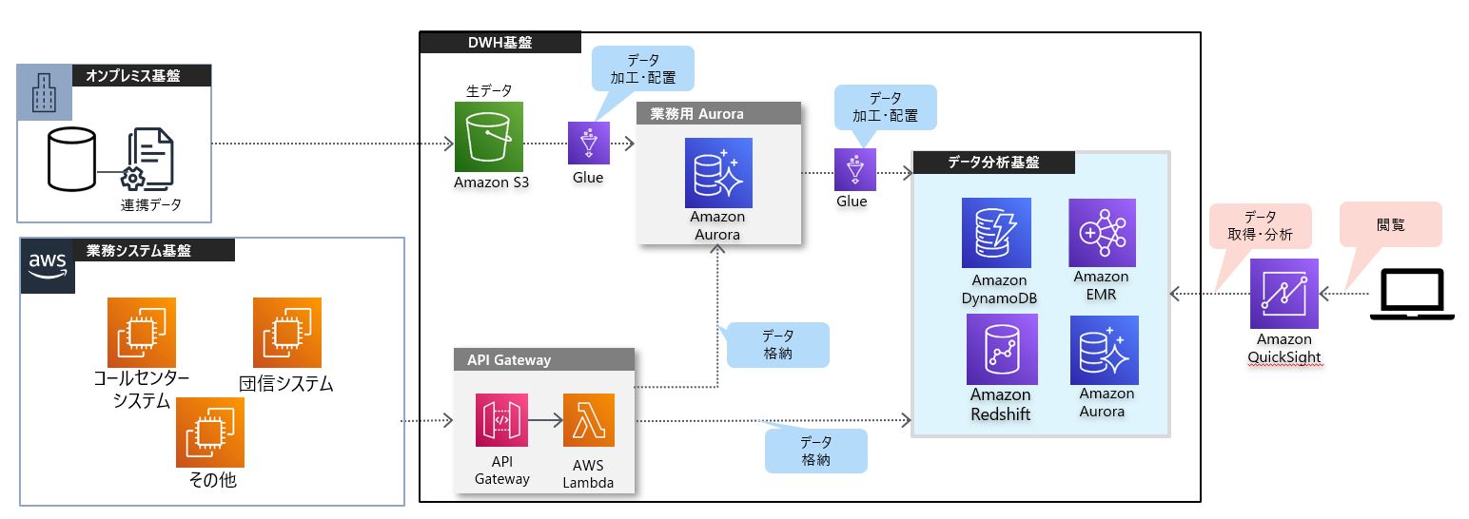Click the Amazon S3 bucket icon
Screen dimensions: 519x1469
click(x=490, y=138)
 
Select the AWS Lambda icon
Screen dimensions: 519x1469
click(x=588, y=420)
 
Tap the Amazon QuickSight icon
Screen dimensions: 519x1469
click(x=1283, y=293)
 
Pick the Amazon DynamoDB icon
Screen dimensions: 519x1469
click(x=995, y=233)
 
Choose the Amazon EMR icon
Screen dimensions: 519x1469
click(x=1102, y=233)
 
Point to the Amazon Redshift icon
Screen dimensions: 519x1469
click(x=1001, y=349)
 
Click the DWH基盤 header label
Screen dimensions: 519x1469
click(x=500, y=42)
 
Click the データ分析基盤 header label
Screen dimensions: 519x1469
click(x=993, y=163)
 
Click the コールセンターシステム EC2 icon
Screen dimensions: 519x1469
click(x=141, y=332)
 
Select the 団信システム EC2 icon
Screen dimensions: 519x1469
click(x=286, y=332)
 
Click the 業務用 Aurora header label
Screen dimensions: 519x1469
click(x=697, y=114)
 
